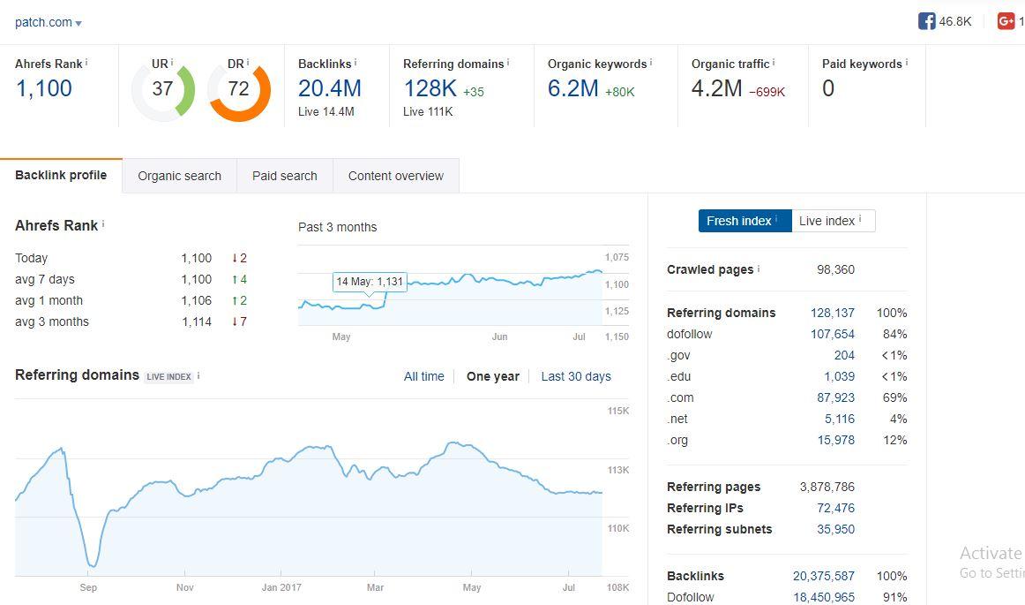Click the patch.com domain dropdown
pyautogui.click(x=49, y=23)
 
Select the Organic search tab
pyautogui.click(x=179, y=176)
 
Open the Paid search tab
pyautogui.click(x=284, y=176)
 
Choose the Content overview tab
pyautogui.click(x=395, y=176)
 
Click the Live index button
pyautogui.click(x=832, y=221)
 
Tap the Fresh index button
pyautogui.click(x=744, y=221)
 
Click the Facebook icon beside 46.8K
pyautogui.click(x=926, y=21)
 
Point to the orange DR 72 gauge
pyautogui.click(x=239, y=89)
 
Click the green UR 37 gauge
pyautogui.click(x=162, y=89)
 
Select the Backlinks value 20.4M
pyautogui.click(x=330, y=88)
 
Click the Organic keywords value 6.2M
pyautogui.click(x=573, y=88)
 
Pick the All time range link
pyautogui.click(x=423, y=376)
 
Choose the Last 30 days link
pyautogui.click(x=575, y=376)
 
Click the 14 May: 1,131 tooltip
pyautogui.click(x=370, y=282)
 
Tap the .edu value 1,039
pyautogui.click(x=839, y=376)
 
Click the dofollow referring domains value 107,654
pyautogui.click(x=832, y=334)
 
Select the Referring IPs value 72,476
pyautogui.click(x=835, y=508)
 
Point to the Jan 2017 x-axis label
pyautogui.click(x=281, y=587)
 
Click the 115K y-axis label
pyautogui.click(x=617, y=411)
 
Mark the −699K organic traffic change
pyautogui.click(x=767, y=92)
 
